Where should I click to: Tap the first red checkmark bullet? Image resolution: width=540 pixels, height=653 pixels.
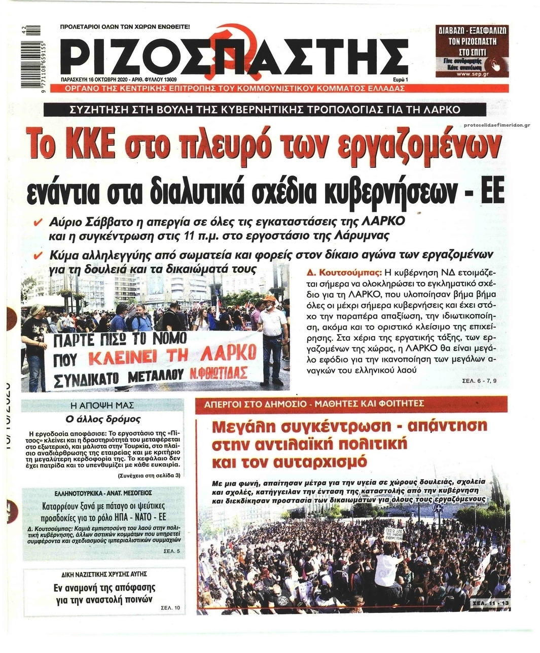point(37,223)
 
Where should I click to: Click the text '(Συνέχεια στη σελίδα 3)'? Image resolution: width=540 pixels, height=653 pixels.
point(149,476)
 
